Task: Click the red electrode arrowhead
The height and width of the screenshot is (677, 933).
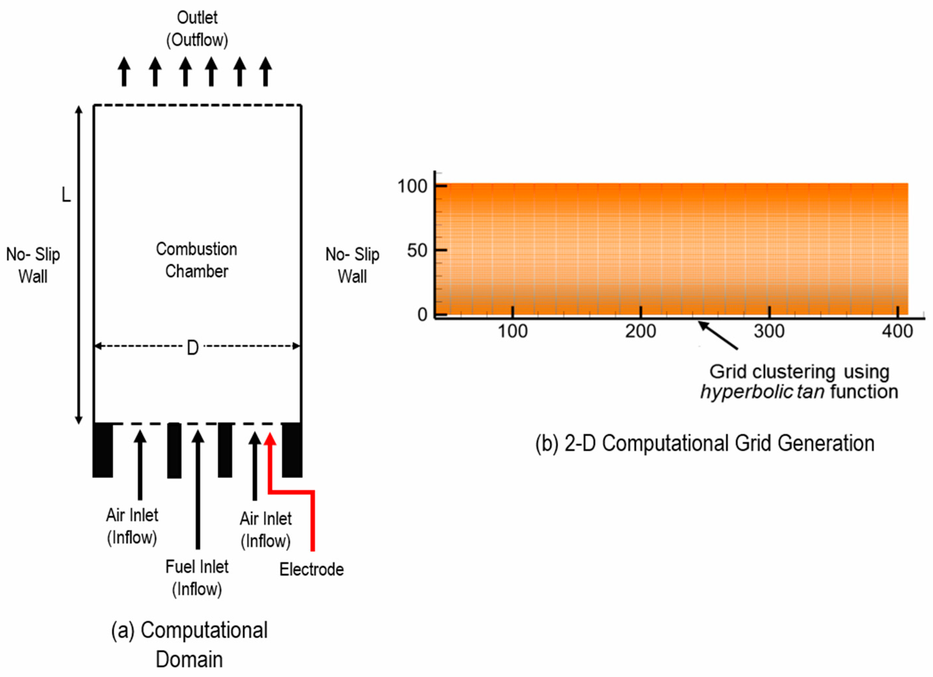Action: coord(270,439)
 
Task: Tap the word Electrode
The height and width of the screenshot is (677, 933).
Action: coord(311,570)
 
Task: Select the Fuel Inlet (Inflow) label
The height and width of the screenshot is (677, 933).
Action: coord(197,578)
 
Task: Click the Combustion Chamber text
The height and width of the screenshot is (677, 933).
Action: coord(197,260)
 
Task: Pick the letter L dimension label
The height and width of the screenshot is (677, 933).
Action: coord(66,194)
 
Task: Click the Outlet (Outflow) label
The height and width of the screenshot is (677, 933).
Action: coord(197,29)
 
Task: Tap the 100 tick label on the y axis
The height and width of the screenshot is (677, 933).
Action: coord(412,186)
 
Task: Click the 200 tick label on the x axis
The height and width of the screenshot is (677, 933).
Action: coord(641,332)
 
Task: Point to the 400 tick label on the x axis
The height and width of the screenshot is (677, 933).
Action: coord(897,332)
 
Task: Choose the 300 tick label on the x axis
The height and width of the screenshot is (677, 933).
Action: coord(769,332)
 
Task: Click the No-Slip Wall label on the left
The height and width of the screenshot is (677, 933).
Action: coord(33,265)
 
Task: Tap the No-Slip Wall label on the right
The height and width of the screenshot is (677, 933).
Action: coord(352,265)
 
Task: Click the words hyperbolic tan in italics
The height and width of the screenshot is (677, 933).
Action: coord(762,392)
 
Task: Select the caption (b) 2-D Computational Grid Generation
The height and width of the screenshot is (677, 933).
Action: coord(705,444)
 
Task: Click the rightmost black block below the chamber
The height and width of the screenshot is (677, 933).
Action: coord(292,450)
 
